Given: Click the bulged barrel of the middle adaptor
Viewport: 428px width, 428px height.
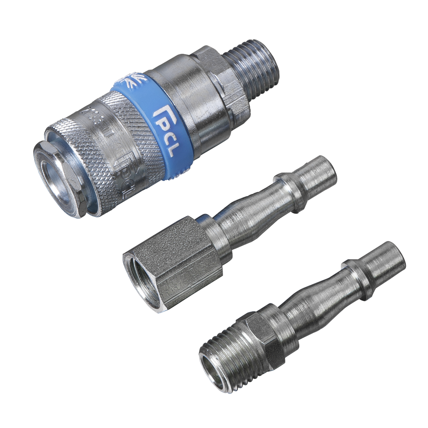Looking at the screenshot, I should click(247, 213).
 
